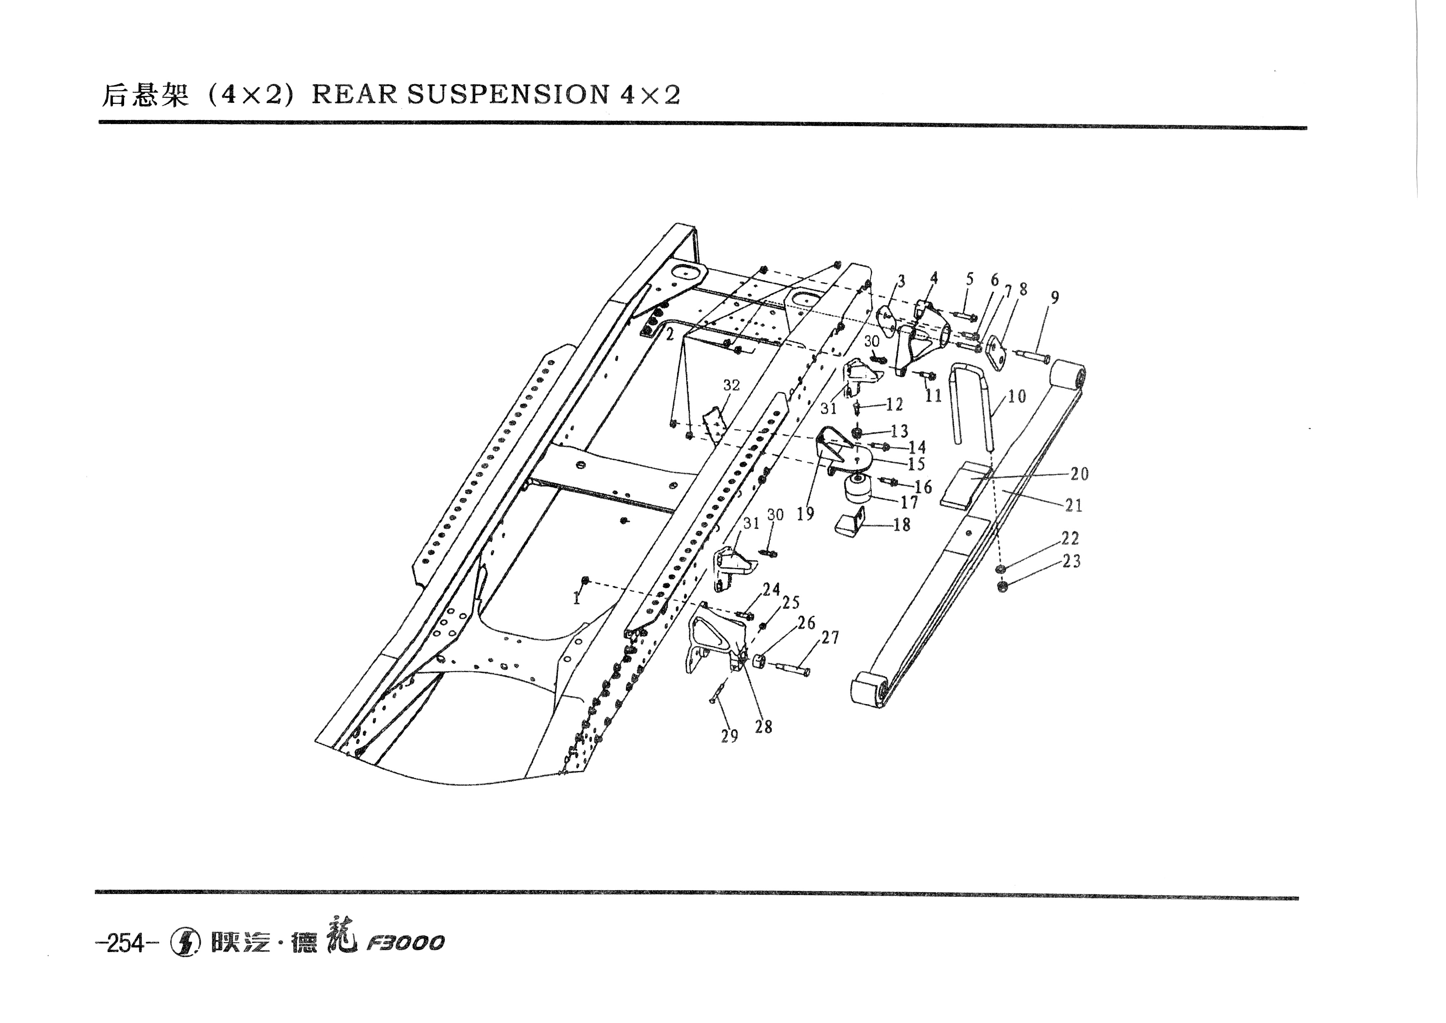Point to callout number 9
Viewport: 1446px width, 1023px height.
pyautogui.click(x=1054, y=297)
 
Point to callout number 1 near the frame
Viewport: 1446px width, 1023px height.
pyautogui.click(x=576, y=599)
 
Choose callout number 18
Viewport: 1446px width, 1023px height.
pyautogui.click(x=902, y=524)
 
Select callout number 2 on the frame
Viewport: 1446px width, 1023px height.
pyautogui.click(x=670, y=335)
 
